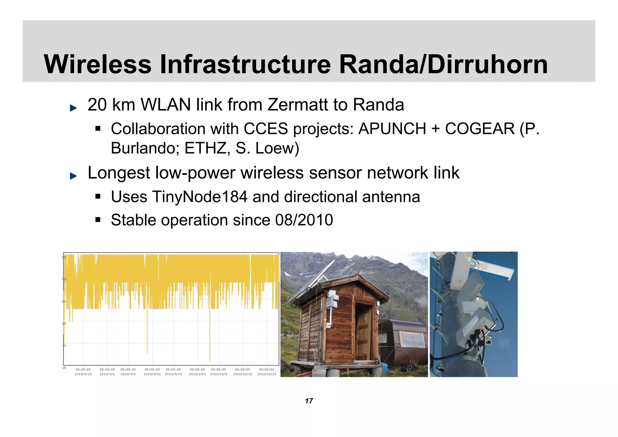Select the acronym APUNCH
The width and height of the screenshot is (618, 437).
tap(392, 129)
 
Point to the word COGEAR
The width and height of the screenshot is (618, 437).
tap(480, 129)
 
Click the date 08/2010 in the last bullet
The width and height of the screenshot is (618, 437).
tap(304, 220)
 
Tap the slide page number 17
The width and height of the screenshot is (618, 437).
tap(309, 401)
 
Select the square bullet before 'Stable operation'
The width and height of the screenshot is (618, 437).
tap(97, 220)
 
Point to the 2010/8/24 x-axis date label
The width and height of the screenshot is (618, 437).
tap(83, 374)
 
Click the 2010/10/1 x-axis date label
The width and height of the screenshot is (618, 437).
tap(197, 374)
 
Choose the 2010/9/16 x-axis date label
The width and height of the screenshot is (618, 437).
tap(152, 374)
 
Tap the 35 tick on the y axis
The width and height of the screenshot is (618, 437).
tap(64, 368)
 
